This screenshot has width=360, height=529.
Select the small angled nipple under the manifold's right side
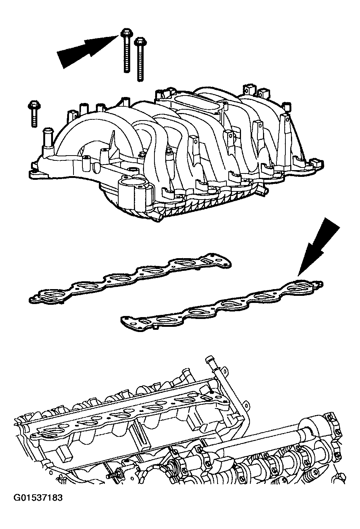pyautogui.click(x=264, y=191)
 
